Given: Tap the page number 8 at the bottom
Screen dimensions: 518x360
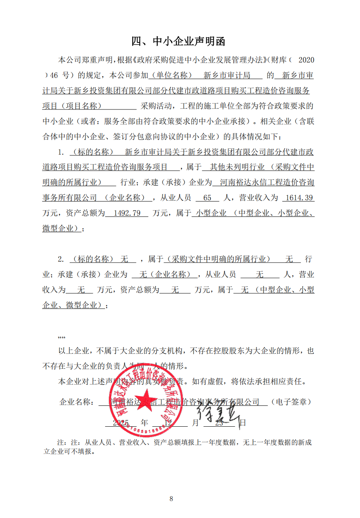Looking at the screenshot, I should pos(171,499).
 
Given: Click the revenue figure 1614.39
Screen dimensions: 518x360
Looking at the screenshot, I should pos(298,198).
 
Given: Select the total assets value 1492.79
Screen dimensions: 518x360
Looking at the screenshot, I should pos(126,213).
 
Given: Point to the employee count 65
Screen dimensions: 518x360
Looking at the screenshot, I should pos(208,198).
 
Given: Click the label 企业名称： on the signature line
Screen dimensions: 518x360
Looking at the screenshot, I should pos(77,402).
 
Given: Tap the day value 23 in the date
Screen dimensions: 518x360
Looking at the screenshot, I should pos(219,423).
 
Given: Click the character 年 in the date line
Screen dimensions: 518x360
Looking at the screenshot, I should pos(145,423).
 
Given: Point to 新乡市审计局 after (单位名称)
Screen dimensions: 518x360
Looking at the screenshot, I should pos(226,75).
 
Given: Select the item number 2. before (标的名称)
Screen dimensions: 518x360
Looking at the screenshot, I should pos(61,259).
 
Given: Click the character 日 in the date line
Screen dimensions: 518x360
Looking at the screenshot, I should pos(243,423).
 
